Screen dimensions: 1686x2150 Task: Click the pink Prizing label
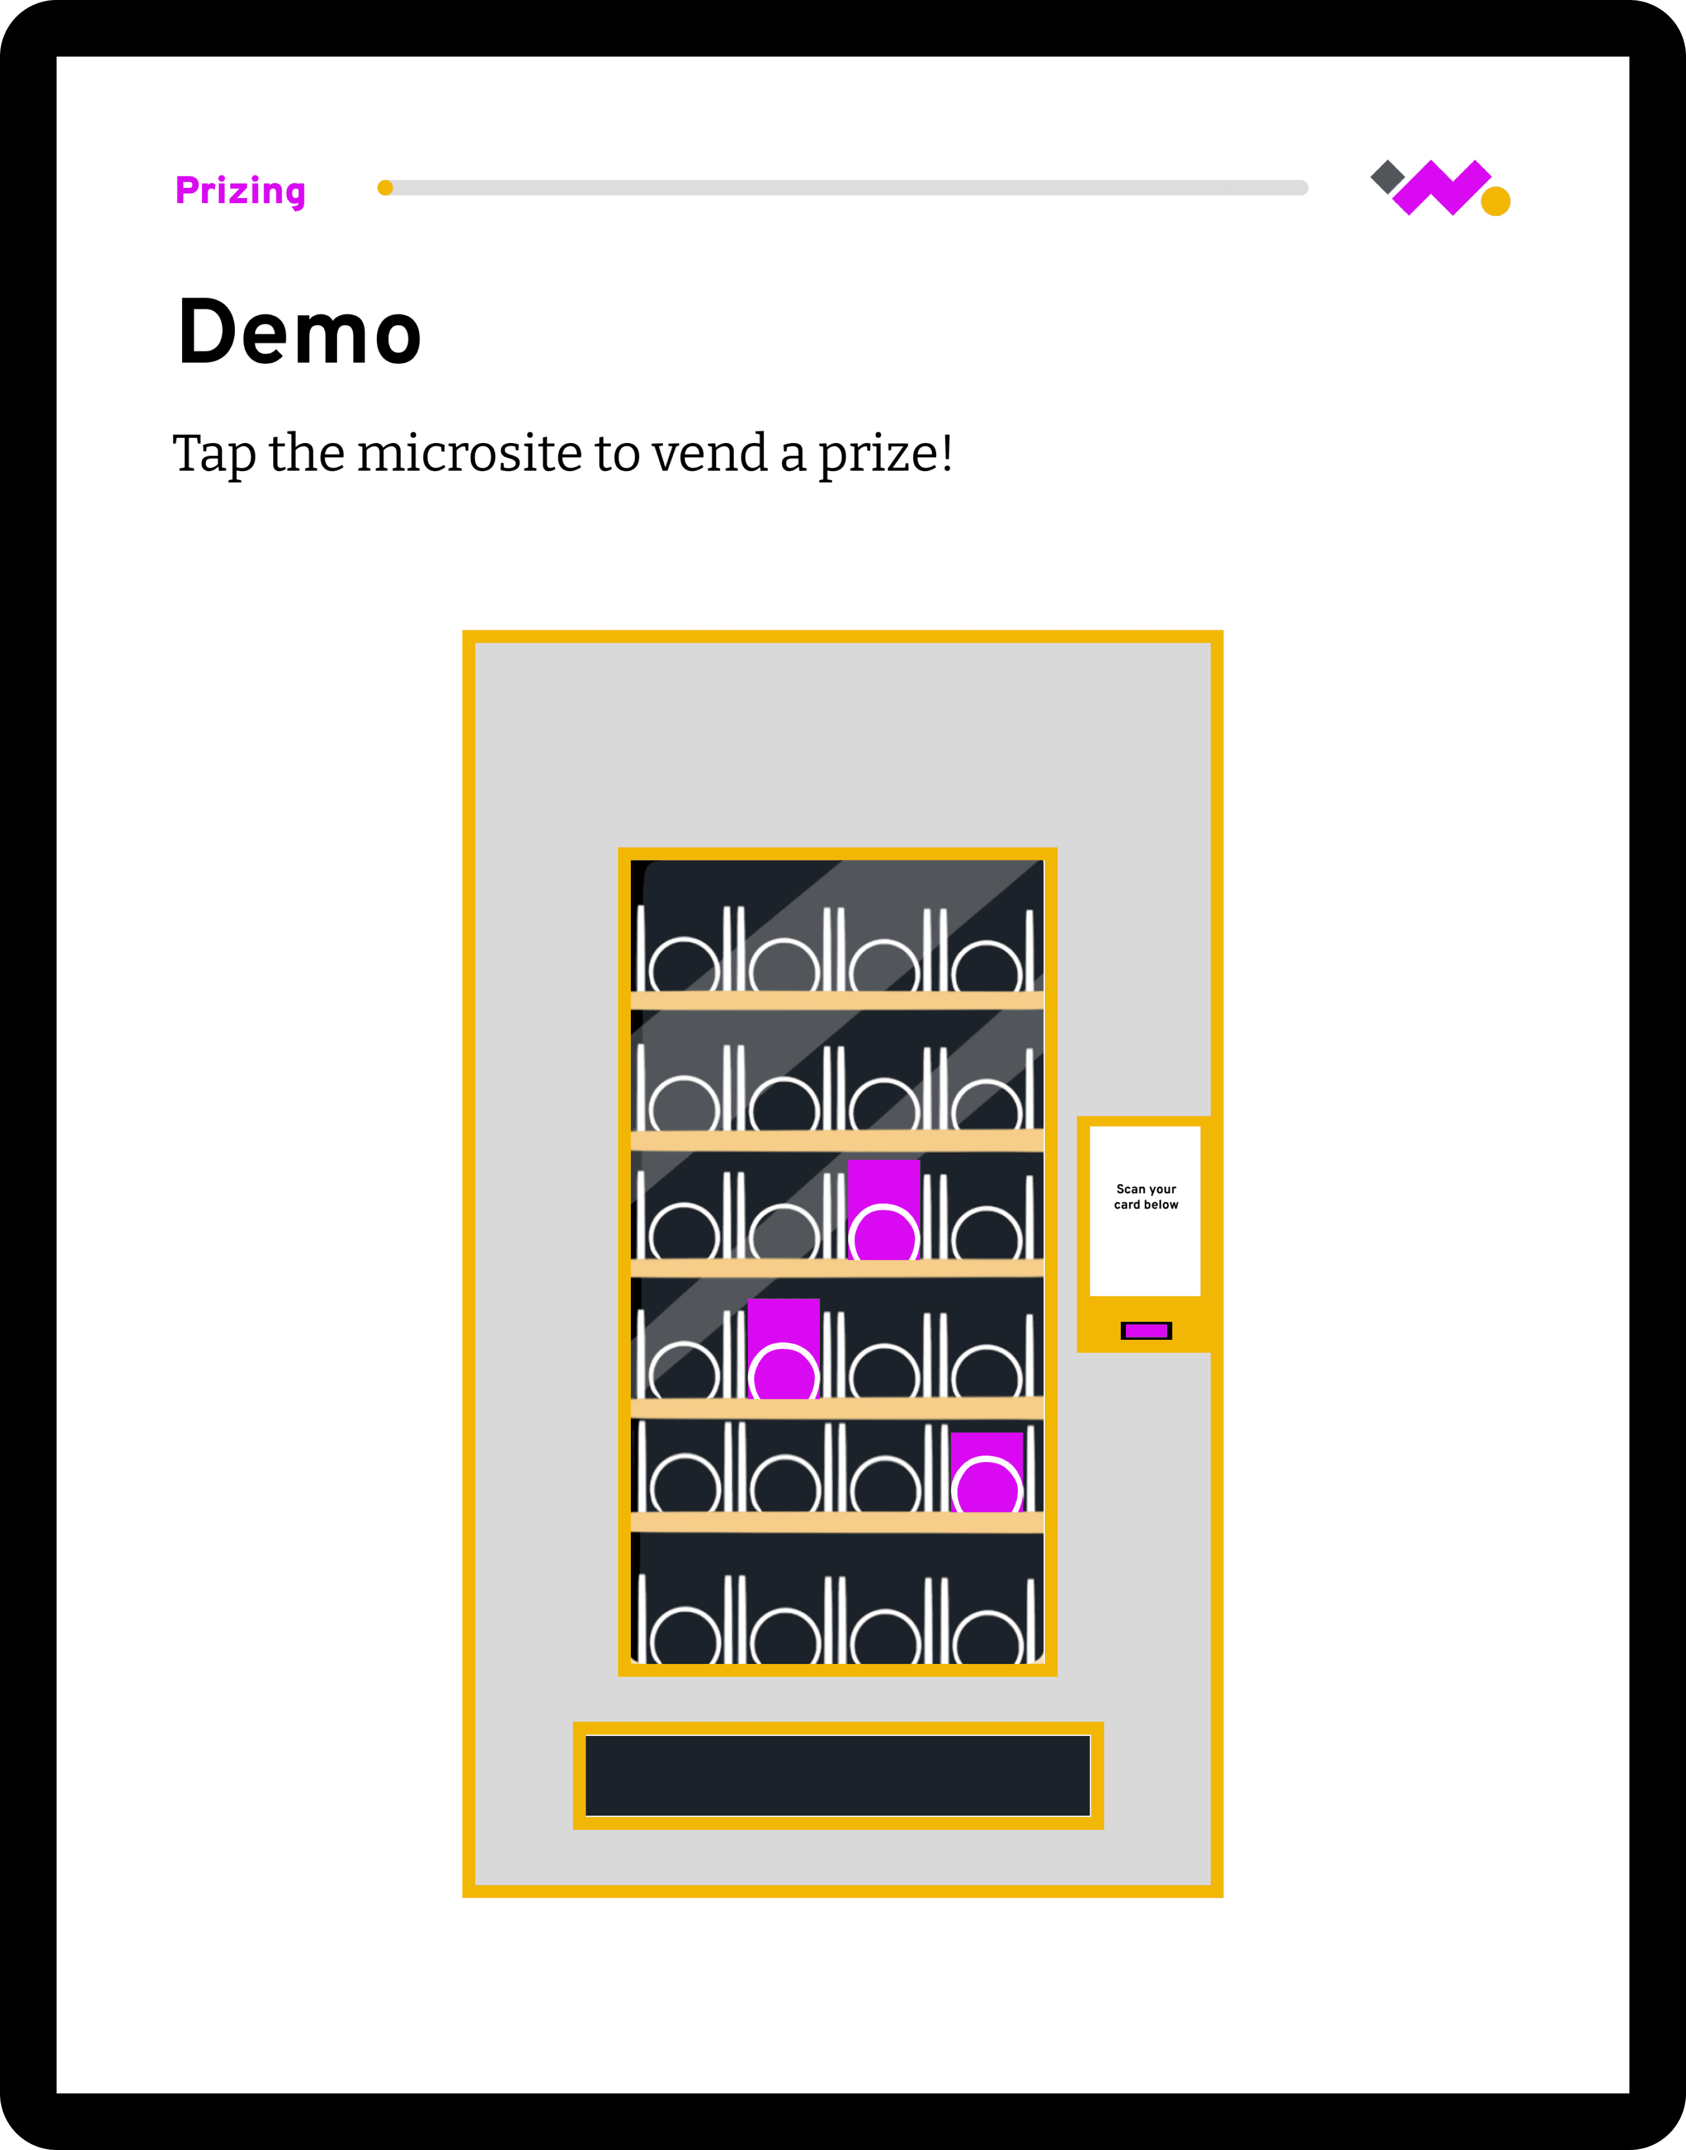click(x=240, y=191)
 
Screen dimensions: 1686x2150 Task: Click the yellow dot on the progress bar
click(x=385, y=187)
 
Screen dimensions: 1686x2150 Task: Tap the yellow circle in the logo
click(x=1495, y=200)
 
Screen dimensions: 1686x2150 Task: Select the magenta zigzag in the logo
click(x=1441, y=187)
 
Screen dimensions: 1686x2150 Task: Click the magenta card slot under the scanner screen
click(x=1146, y=1331)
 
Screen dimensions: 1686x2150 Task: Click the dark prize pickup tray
click(x=837, y=1775)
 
